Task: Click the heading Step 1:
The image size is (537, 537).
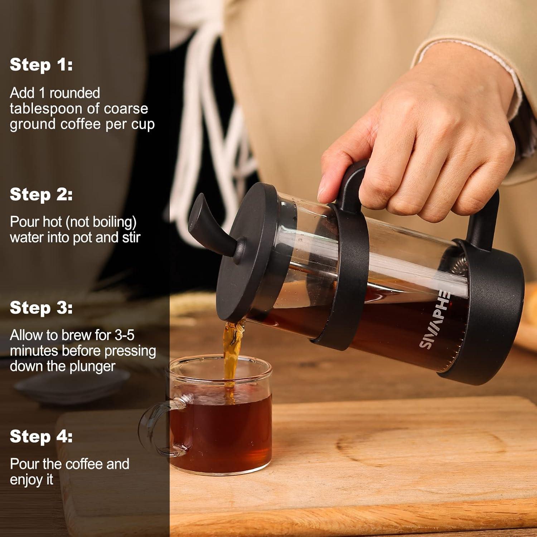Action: (x=41, y=65)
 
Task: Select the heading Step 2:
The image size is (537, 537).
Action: (x=41, y=194)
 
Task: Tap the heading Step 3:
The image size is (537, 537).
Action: (x=41, y=308)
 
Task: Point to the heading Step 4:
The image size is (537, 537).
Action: (x=41, y=436)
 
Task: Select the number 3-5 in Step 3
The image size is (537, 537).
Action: (x=124, y=335)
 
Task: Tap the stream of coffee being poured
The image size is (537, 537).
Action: (x=231, y=351)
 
